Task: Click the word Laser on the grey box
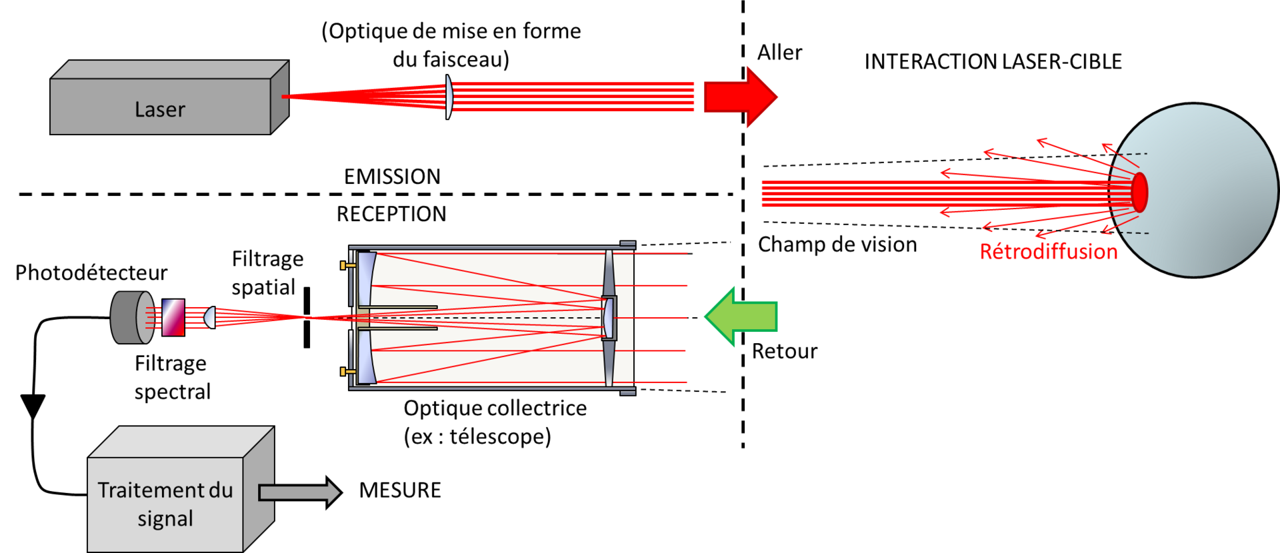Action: click(x=160, y=109)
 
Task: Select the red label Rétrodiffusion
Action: click(x=1048, y=252)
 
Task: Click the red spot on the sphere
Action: click(x=1139, y=192)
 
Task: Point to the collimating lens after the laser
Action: click(x=449, y=97)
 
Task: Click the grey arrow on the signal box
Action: click(x=299, y=492)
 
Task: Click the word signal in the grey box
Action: click(x=165, y=519)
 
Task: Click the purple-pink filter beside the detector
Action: click(x=173, y=317)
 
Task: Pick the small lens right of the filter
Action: click(x=209, y=317)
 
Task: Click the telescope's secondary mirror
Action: click(x=608, y=318)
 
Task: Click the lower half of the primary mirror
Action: click(x=365, y=357)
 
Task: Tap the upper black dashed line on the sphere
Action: click(x=1133, y=154)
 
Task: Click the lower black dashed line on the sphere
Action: click(x=1135, y=233)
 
